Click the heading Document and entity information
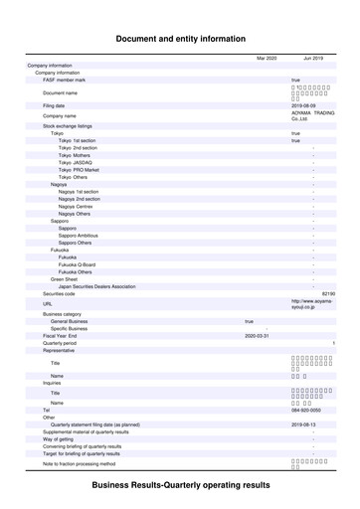pos(180,39)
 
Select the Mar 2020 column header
pos(266,59)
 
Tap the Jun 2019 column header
pos(313,59)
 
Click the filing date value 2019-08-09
pos(303,103)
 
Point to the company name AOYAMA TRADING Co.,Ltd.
pos(312,116)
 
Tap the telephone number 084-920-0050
pos(306,409)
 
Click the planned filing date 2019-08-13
pos(303,424)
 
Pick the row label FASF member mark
pos(65,80)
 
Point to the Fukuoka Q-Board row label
pos(77,264)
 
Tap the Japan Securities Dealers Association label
pos(97,286)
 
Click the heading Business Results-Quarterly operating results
pos(180,484)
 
